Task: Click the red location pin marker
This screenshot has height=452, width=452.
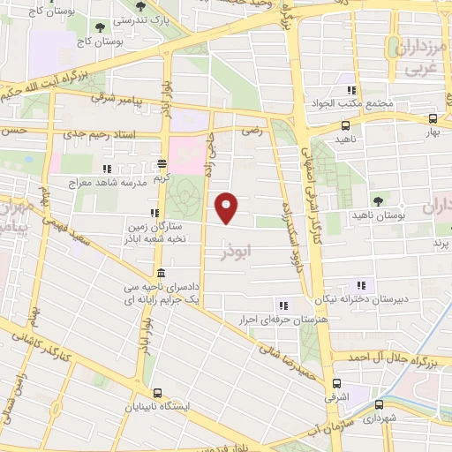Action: click(228, 207)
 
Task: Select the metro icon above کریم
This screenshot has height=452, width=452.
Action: click(162, 163)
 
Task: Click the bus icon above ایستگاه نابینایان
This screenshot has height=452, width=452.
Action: click(157, 393)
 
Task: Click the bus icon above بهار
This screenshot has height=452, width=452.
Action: click(432, 118)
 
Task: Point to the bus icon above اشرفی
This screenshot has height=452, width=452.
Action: click(335, 384)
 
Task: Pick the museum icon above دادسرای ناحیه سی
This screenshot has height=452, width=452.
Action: click(159, 273)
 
